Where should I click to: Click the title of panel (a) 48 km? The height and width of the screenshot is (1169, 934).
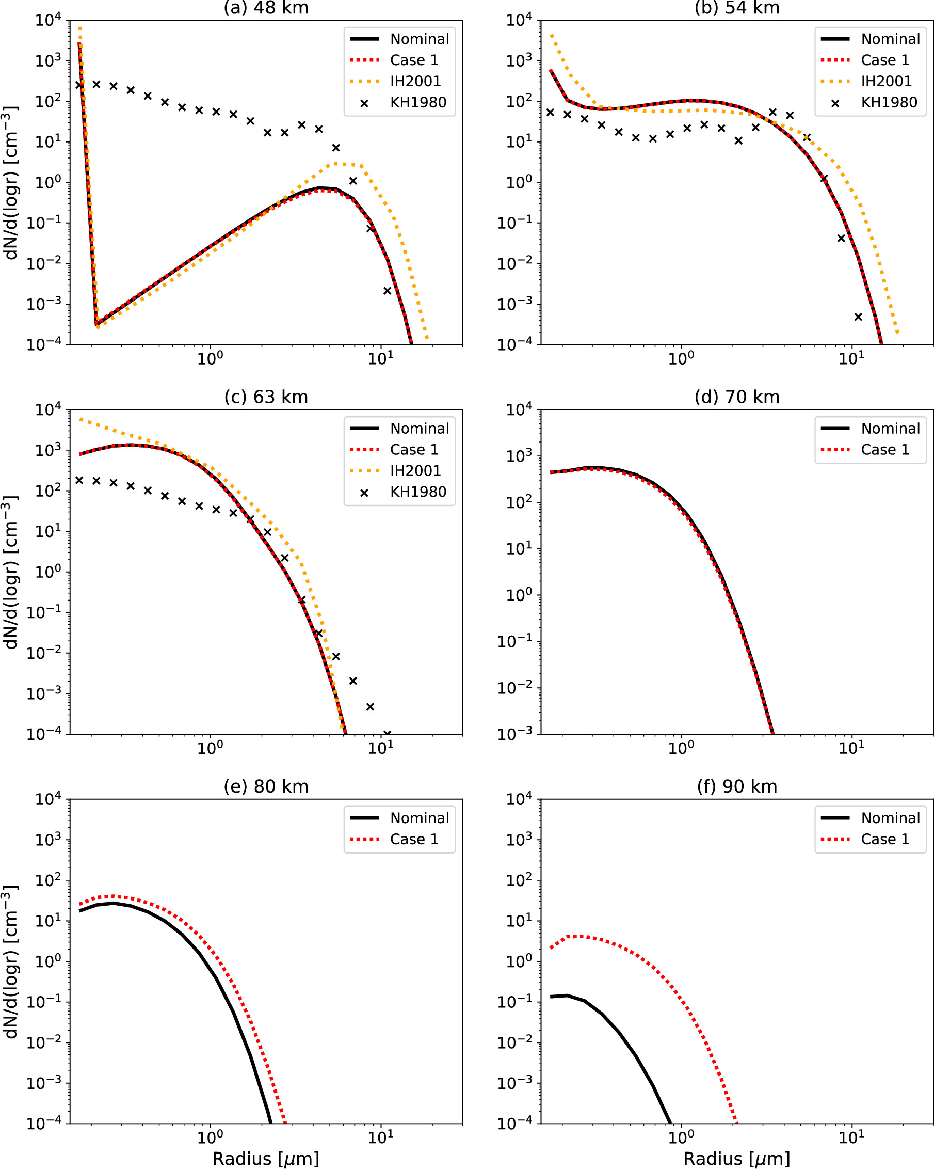tap(265, 8)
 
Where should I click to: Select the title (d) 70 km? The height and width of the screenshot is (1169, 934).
tap(737, 398)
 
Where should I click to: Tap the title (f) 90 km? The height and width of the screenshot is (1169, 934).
tap(737, 787)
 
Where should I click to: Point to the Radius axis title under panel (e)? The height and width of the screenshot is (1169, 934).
tap(265, 1159)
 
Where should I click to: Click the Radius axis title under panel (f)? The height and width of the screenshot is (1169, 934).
tap(737, 1159)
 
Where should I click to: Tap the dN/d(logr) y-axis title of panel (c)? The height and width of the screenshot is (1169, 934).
tap(11, 572)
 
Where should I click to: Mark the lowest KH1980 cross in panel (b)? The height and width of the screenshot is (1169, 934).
tap(858, 317)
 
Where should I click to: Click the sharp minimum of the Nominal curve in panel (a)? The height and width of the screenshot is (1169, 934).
tap(96, 324)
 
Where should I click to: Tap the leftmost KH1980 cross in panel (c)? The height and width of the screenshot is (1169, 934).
tap(79, 480)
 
